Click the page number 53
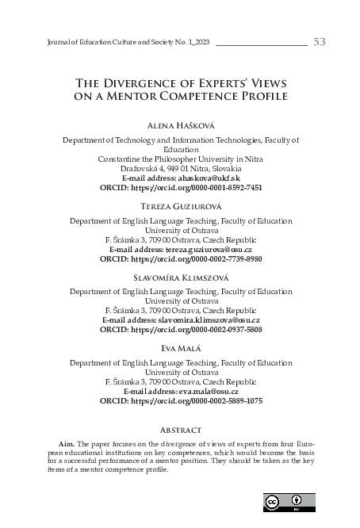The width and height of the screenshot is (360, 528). (320, 41)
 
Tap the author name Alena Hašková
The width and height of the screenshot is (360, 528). (180, 126)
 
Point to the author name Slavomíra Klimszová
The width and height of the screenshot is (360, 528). (180, 278)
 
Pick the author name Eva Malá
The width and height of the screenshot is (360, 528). (180, 349)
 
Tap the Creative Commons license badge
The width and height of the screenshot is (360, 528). (289, 502)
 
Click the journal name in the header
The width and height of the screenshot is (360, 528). (118, 42)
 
